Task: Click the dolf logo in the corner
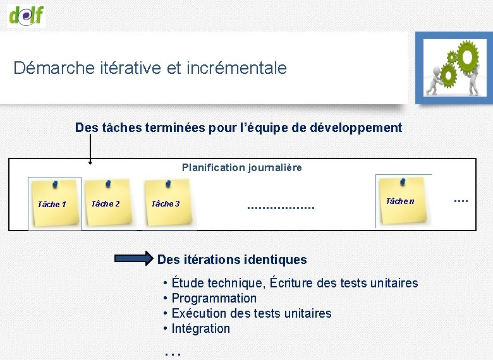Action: [x=27, y=14]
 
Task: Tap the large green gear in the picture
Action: [x=467, y=57]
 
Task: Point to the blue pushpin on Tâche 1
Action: [x=55, y=184]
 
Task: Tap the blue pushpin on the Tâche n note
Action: [x=402, y=181]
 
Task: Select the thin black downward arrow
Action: [x=90, y=148]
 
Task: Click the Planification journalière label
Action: [x=241, y=167]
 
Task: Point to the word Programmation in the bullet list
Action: [x=214, y=298]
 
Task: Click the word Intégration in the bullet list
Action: [x=201, y=328]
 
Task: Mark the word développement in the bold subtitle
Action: [x=356, y=128]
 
